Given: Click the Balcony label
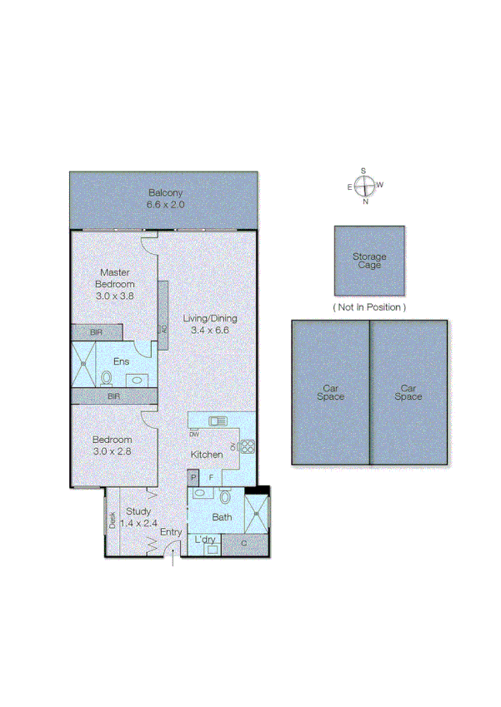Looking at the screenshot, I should tap(165, 192).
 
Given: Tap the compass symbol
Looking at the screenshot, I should tap(364, 186).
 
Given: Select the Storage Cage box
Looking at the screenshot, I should tap(369, 261).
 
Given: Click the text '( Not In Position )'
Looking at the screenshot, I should tap(369, 307).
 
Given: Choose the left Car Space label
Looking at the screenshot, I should tap(331, 392).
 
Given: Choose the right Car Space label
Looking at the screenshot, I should tap(408, 392).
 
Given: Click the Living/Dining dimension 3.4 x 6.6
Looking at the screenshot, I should tap(209, 330).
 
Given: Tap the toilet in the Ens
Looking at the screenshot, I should tap(107, 378).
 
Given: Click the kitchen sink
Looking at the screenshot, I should tap(218, 421).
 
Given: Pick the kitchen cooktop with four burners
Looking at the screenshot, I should tap(247, 447).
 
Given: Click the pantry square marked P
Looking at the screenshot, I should tap(193, 477).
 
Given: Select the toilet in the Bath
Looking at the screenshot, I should tap(225, 497).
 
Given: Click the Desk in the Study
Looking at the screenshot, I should tap(112, 520).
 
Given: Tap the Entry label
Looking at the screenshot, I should tap(171, 532).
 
